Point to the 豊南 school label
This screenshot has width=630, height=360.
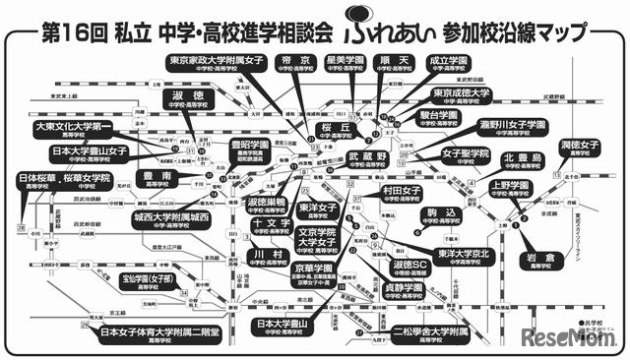pos(157,178)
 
